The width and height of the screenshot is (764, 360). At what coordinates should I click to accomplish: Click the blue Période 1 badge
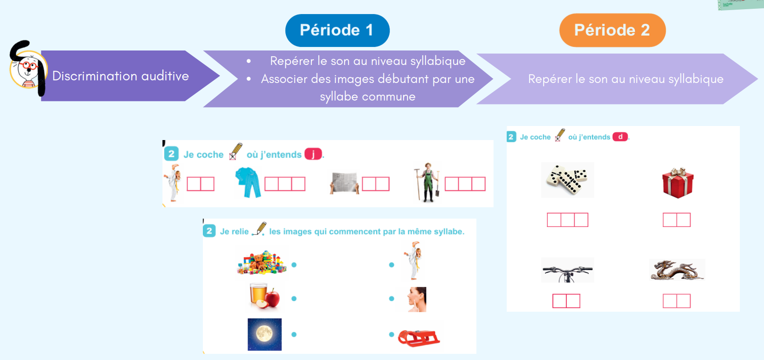pyautogui.click(x=337, y=30)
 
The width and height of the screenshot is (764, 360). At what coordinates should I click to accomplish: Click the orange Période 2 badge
pyautogui.click(x=613, y=30)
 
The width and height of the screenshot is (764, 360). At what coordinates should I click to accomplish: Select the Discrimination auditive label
pyautogui.click(x=121, y=76)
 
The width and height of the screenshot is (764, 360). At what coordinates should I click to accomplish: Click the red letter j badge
pyautogui.click(x=313, y=154)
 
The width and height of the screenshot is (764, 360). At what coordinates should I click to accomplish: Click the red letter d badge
pyautogui.click(x=620, y=137)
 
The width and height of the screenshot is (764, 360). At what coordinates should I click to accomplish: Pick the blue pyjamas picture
pyautogui.click(x=248, y=182)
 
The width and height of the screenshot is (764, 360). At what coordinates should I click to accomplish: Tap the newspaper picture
pyautogui.click(x=344, y=183)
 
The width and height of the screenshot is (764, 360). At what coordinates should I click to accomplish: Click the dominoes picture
pyautogui.click(x=567, y=180)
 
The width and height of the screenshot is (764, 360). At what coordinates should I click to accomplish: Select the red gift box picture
pyautogui.click(x=678, y=183)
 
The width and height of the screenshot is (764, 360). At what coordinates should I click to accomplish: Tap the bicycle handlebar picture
pyautogui.click(x=567, y=270)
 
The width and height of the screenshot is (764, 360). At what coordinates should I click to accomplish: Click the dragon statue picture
pyautogui.click(x=677, y=270)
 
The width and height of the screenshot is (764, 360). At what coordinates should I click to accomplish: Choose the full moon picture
pyautogui.click(x=264, y=335)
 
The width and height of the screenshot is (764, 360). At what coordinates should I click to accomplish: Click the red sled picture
pyautogui.click(x=418, y=338)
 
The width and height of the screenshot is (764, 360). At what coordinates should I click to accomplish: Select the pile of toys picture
pyautogui.click(x=262, y=263)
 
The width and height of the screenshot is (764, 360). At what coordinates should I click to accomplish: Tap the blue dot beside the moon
pyautogui.click(x=294, y=335)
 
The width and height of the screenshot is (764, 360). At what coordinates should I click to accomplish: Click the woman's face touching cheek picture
pyautogui.click(x=416, y=299)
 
